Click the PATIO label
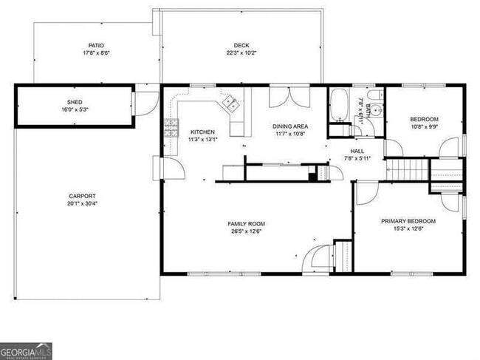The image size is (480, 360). (x=96, y=46)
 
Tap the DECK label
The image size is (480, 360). (x=241, y=46)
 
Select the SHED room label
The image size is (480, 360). (x=75, y=102)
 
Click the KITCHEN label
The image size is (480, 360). (x=202, y=132)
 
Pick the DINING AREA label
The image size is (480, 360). (x=289, y=126)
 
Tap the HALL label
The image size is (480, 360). (x=357, y=150)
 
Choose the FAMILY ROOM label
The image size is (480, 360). (x=247, y=224)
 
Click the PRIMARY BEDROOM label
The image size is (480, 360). (x=408, y=221)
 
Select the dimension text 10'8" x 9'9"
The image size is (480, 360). (x=424, y=126)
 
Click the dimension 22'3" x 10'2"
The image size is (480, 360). (x=241, y=53)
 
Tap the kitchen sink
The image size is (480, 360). (x=230, y=103)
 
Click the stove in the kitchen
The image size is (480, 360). (x=171, y=129)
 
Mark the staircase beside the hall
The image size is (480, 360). (x=408, y=171)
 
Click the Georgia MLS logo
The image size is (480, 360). (x=26, y=351)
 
